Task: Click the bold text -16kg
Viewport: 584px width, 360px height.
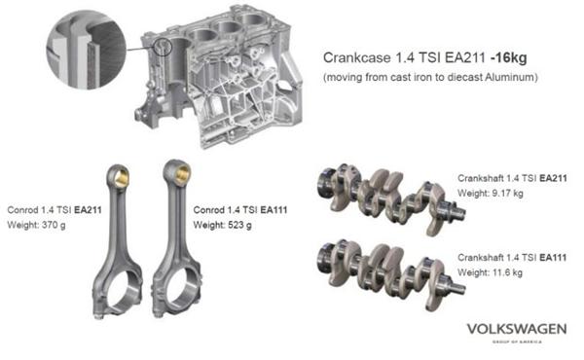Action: click(x=509, y=58)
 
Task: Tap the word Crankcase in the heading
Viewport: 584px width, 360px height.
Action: click(x=357, y=57)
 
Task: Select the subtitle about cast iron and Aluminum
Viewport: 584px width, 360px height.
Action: click(x=430, y=77)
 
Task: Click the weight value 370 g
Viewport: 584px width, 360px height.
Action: click(x=54, y=225)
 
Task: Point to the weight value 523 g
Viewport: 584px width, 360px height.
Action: click(x=239, y=225)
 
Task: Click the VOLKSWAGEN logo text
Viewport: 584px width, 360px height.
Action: click(x=517, y=329)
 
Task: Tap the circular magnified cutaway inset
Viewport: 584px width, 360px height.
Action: click(x=87, y=50)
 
